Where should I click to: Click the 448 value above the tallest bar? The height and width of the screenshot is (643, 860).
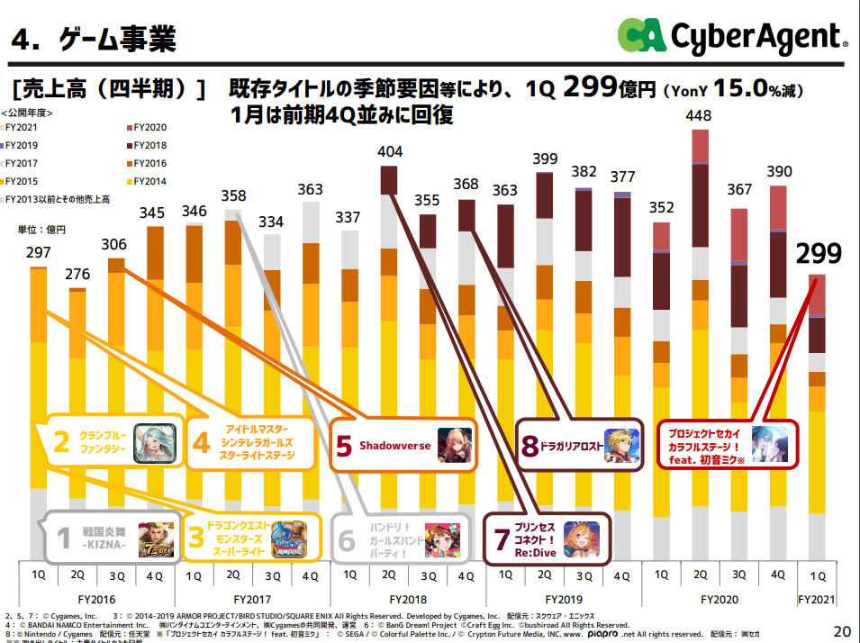tap(698, 116)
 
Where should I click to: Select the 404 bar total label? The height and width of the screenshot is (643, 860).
tap(389, 152)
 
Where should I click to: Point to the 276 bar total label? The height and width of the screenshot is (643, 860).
tap(77, 275)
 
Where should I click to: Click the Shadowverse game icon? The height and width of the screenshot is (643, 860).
tap(455, 445)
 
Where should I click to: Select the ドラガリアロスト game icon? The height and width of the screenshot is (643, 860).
tap(620, 445)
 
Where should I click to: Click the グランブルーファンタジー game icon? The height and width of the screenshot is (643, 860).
tap(152, 441)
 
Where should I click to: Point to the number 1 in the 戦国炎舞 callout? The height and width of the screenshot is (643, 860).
tap(63, 539)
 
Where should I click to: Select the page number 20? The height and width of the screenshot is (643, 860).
tap(842, 629)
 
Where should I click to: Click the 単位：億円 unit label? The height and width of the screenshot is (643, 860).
tap(42, 230)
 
